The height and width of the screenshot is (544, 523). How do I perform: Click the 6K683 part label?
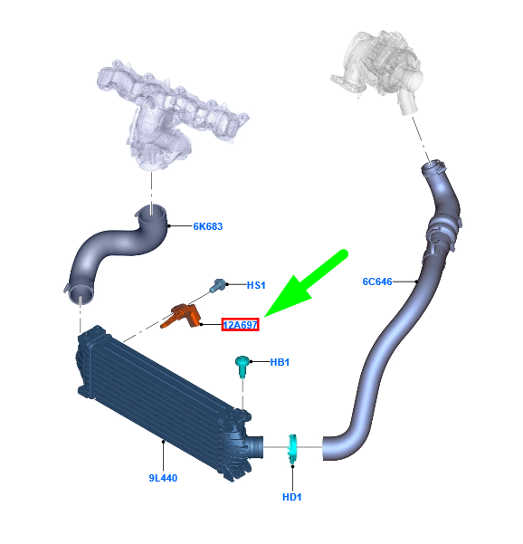pos(208,226)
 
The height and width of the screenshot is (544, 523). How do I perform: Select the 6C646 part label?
pos(377,282)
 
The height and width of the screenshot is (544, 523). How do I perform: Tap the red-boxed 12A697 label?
pos(240,325)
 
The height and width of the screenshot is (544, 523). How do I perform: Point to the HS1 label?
pos(256,285)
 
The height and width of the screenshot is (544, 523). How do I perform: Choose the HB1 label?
pos(280,362)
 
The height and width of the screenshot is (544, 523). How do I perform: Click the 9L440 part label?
pos(163,478)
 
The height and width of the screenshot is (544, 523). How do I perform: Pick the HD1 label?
pos(292,497)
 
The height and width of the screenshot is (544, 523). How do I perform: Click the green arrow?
pos(306,283)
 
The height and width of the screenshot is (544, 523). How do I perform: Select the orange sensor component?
pos(181,316)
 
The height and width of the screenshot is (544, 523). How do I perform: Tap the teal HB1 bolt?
pos(242,366)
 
